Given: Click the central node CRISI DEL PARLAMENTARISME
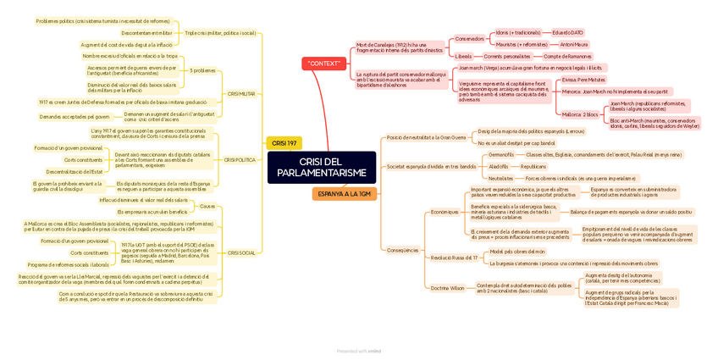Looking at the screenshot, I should click(x=321, y=167).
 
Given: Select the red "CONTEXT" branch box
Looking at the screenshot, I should click(x=324, y=64).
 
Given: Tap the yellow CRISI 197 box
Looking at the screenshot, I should click(x=284, y=143).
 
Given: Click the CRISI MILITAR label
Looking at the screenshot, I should click(x=241, y=94).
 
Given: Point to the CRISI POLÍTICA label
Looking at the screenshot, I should click(x=240, y=159).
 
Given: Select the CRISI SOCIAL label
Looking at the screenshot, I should click(x=241, y=252).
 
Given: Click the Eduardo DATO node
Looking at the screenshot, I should click(x=567, y=32).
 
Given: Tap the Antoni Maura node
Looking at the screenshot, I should click(x=574, y=44).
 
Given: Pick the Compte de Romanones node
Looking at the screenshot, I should click(x=567, y=56).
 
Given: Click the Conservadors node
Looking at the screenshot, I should click(x=470, y=38).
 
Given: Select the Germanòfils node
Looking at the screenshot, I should click(x=501, y=154).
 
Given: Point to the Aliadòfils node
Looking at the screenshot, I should click(x=500, y=166).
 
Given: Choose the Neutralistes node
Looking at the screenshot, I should click(x=500, y=178).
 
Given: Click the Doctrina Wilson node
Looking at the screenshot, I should click(x=448, y=288).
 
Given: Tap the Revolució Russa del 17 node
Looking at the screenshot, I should click(x=454, y=257).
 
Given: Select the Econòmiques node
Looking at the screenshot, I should click(x=445, y=212).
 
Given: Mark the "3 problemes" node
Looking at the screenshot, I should click(x=202, y=70).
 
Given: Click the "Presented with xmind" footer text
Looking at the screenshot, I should click(x=359, y=350).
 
